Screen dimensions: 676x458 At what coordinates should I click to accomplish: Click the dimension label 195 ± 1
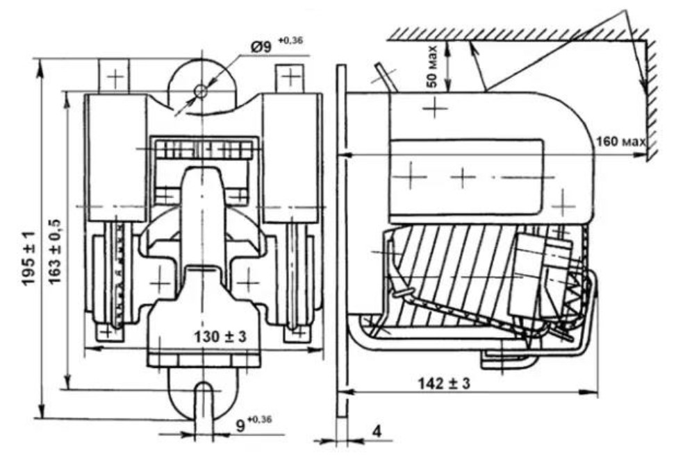point(29,259)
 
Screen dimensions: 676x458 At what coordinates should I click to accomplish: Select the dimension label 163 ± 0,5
point(55,252)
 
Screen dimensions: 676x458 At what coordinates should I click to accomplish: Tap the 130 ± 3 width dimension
point(220,336)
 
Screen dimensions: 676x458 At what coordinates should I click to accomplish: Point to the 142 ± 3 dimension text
point(444,382)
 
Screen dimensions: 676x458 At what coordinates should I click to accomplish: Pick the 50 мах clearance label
point(432,67)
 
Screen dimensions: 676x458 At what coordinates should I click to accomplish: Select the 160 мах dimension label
point(621,141)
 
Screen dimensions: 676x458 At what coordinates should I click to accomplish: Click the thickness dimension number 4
point(377,432)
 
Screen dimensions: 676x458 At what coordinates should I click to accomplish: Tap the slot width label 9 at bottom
point(241,425)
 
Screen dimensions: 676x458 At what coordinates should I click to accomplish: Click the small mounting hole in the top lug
point(201,92)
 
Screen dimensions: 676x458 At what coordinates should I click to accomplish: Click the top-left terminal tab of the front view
point(114,76)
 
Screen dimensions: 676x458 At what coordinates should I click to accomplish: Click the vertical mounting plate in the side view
point(341,241)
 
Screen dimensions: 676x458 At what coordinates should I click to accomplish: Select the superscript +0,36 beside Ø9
point(290,41)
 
